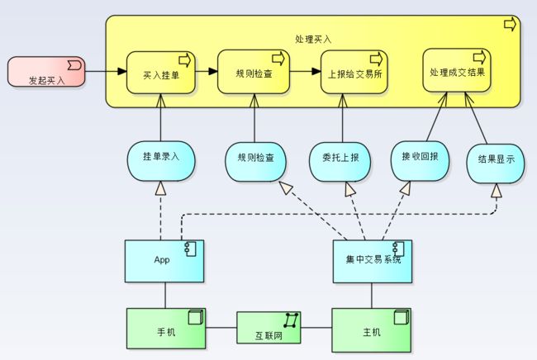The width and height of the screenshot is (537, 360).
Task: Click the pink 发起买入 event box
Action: point(46,72)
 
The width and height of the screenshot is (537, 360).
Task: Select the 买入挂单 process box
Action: point(161,73)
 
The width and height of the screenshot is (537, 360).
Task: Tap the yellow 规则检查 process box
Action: point(254,72)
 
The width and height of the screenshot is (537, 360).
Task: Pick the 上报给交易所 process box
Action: point(354,72)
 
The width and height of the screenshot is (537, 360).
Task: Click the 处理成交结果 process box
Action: point(457,70)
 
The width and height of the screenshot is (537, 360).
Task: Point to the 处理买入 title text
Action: point(313,39)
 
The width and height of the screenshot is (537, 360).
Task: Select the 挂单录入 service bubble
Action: point(161,161)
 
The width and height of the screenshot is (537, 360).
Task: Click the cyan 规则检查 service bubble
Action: point(255,162)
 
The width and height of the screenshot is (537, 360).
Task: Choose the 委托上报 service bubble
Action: point(340,162)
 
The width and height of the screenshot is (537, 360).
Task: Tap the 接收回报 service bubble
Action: point(420,161)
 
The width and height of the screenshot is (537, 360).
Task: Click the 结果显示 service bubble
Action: point(496,163)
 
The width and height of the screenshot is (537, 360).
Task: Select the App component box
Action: point(164,261)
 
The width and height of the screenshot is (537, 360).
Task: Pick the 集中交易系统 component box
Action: point(373,262)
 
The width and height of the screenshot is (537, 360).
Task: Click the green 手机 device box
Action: point(166,329)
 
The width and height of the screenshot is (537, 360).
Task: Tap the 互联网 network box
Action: point(268,328)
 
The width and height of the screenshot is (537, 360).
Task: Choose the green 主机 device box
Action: point(372,330)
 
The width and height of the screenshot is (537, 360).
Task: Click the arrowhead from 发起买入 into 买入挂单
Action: point(122,72)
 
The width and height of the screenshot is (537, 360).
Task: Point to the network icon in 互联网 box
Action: point(291,320)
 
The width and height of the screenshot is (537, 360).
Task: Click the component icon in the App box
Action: point(190,249)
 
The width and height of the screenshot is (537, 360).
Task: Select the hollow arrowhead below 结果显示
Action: point(497,191)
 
